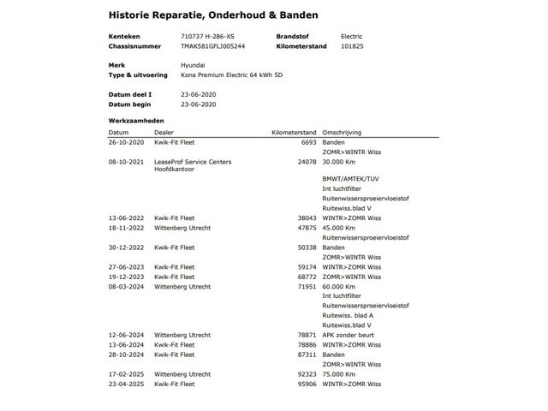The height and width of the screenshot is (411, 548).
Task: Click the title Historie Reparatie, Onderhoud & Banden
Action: point(213,15)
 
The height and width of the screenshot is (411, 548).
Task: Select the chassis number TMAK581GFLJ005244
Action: point(213,45)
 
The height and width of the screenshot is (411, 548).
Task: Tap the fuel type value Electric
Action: point(352,37)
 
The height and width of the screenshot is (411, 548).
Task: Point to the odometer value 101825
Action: point(351,45)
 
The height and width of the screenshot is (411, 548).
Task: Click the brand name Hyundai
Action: point(193,65)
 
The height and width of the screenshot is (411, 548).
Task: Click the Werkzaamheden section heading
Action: point(135,121)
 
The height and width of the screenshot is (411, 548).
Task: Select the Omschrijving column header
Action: point(342,133)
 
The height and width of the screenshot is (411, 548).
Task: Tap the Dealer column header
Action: point(164,133)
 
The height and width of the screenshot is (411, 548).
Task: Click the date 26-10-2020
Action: point(126,142)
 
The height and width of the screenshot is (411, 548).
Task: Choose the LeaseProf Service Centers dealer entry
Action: point(193,161)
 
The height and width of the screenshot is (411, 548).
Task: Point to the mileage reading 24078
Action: point(307,161)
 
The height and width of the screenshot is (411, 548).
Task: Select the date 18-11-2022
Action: point(126,228)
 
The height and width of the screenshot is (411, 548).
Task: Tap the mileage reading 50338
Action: point(307,247)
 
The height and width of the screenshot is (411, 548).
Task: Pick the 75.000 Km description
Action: point(338,374)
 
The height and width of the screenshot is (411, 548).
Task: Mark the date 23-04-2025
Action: point(126,384)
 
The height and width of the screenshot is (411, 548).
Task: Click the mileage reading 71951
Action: point(307,287)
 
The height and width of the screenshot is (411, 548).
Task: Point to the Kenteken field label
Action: point(123,37)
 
